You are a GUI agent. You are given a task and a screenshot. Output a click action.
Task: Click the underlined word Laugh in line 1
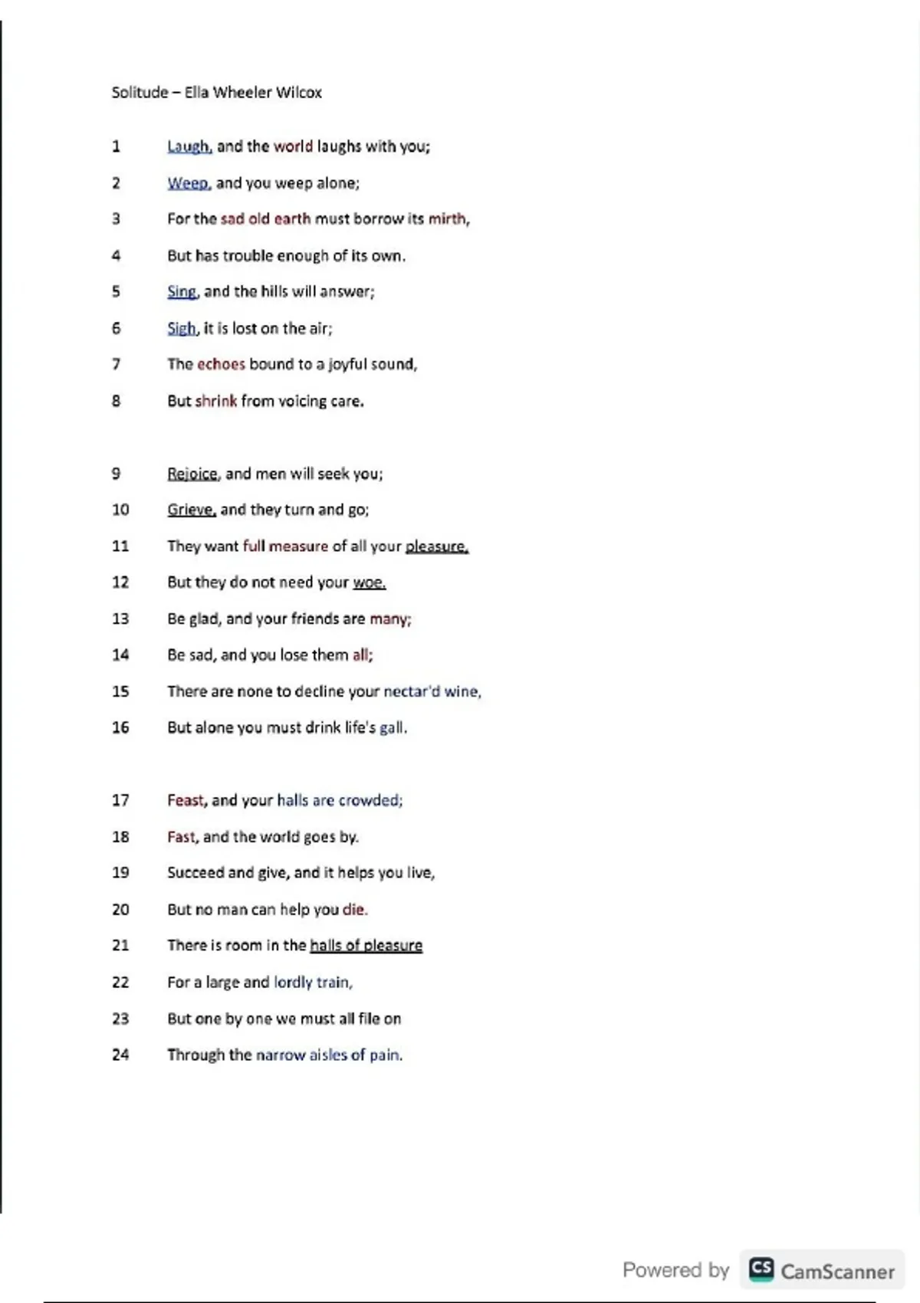(189, 146)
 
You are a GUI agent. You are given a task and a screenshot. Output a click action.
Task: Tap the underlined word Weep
(188, 183)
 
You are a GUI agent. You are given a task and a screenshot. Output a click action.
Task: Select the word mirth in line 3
(447, 219)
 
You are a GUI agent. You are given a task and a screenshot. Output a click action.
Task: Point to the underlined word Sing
(182, 292)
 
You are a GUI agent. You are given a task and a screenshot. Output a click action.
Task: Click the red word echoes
(221, 364)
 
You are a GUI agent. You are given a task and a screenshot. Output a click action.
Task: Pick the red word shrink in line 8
(216, 401)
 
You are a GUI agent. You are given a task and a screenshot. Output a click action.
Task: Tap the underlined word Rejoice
(192, 474)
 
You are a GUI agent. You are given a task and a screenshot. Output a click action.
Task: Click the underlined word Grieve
(191, 510)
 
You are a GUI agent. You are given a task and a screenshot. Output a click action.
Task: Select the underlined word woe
(368, 583)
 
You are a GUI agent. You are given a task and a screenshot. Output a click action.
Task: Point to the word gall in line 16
(392, 727)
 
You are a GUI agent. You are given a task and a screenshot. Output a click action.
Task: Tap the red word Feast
(186, 800)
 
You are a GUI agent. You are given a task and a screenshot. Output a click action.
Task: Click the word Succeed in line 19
(195, 873)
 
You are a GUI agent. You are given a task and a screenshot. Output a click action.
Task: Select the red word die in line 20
(353, 910)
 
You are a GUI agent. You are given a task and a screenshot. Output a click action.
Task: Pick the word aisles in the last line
(328, 1055)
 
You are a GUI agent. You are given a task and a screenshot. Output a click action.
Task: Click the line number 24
(120, 1055)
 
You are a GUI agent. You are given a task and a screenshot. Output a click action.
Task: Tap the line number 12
(120, 583)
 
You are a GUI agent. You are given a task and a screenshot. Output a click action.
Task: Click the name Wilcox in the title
(299, 93)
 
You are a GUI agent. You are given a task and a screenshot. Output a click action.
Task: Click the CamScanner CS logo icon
(761, 1269)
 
